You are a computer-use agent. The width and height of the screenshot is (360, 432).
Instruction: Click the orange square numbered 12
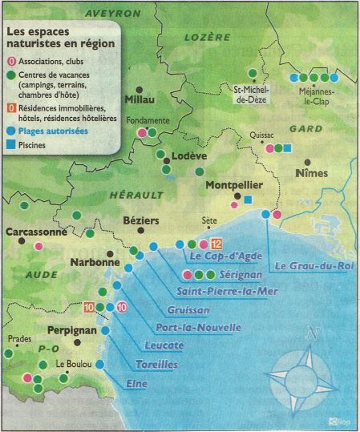[x=216, y=244]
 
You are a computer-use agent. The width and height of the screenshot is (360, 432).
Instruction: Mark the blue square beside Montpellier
[x=249, y=199]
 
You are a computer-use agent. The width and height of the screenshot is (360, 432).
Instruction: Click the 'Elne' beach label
[x=137, y=383]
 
